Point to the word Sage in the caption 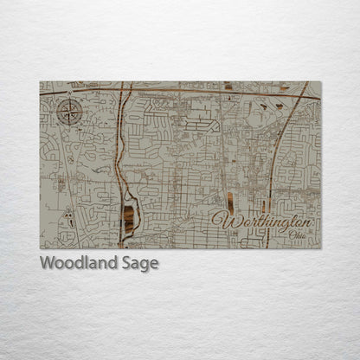(139, 264)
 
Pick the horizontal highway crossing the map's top (173, 89)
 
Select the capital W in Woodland (47, 264)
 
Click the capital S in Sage (125, 264)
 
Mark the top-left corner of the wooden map (40, 81)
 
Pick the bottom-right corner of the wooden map (320, 248)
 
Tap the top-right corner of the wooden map (320, 81)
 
